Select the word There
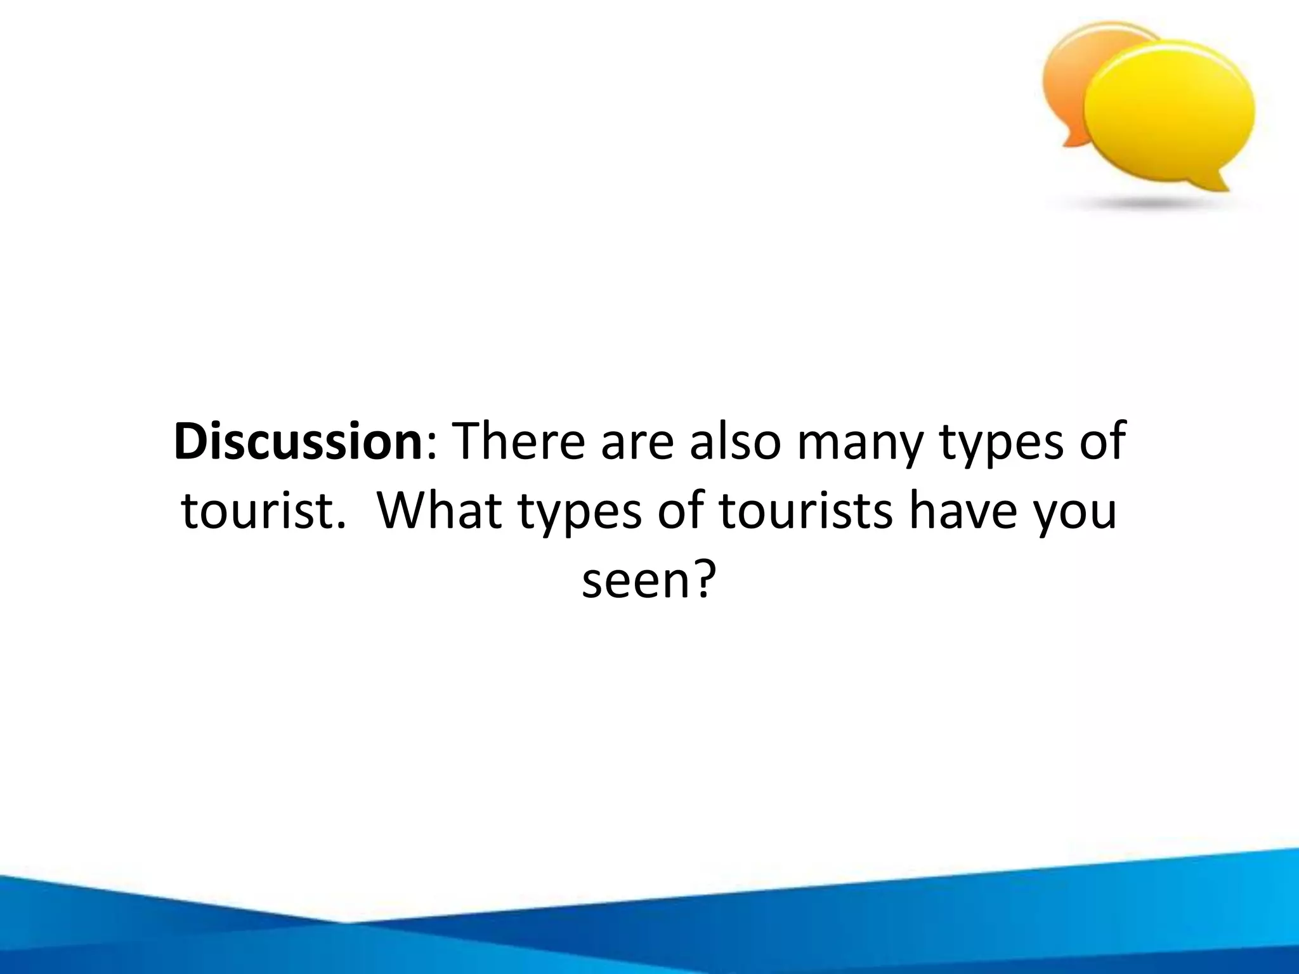(520, 441)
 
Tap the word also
(734, 441)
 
